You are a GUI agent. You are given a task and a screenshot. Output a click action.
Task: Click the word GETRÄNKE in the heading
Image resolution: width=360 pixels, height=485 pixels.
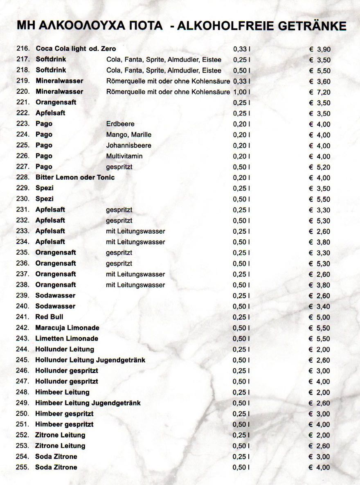pyautogui.click(x=312, y=26)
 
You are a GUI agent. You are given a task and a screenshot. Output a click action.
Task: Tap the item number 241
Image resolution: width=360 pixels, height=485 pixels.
pyautogui.click(x=22, y=317)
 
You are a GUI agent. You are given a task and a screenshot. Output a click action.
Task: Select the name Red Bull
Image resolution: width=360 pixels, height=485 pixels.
pyautogui.click(x=49, y=317)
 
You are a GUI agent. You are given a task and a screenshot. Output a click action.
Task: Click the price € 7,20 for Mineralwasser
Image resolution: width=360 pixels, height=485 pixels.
pyautogui.click(x=320, y=92)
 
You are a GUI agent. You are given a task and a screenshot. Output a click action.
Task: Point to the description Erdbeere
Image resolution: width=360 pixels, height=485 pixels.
pyautogui.click(x=120, y=124)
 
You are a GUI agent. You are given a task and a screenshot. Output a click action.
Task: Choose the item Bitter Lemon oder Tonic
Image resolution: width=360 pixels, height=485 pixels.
pyautogui.click(x=75, y=178)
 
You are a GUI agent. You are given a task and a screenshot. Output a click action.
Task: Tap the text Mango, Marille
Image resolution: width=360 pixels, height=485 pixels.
pyautogui.click(x=128, y=135)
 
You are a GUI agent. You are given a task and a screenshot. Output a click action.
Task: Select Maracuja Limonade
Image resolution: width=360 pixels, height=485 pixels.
pyautogui.click(x=67, y=328)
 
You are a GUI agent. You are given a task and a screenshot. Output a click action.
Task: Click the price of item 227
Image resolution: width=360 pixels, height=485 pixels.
pyautogui.click(x=320, y=167)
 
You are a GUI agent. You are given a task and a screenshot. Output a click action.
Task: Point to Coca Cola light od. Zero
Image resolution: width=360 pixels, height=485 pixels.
pyautogui.click(x=76, y=49)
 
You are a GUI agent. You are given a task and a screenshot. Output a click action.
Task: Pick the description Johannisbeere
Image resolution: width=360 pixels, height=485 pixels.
pyautogui.click(x=128, y=145)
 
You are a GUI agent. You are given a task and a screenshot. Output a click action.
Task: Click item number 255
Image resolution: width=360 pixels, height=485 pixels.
pyautogui.click(x=22, y=467)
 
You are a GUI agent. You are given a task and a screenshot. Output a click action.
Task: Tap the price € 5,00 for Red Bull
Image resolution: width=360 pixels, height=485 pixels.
pyautogui.click(x=320, y=317)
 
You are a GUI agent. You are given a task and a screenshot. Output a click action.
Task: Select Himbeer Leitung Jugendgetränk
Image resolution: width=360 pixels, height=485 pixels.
pyautogui.click(x=88, y=403)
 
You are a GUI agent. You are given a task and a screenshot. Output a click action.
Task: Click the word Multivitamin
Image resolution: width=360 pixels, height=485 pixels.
pyautogui.click(x=124, y=156)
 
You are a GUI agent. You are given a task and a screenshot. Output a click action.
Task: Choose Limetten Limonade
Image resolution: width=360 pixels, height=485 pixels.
pyautogui.click(x=67, y=338)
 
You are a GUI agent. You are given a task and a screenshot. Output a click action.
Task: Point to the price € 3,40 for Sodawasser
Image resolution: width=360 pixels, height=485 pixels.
pyautogui.click(x=320, y=307)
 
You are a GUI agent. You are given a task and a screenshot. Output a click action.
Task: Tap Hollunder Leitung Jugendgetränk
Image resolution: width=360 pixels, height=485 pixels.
pyautogui.click(x=90, y=360)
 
